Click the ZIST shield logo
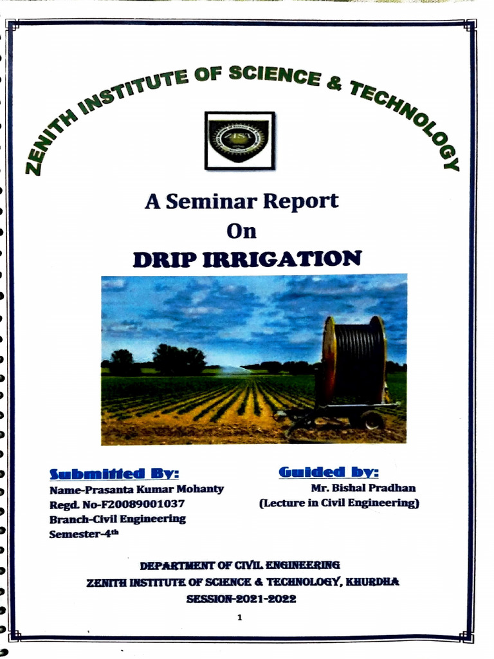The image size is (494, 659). point(239,140)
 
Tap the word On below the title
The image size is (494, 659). point(242,230)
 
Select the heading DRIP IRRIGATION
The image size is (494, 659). point(247,259)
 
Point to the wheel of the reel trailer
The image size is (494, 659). point(372,421)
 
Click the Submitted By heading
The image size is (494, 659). point(114,474)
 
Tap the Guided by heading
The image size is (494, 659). point(328,472)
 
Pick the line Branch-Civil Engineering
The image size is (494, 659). point(118,519)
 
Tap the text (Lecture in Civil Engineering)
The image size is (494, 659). point(339,503)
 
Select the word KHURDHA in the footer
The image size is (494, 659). point(372,582)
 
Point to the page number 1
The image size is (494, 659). point(239,618)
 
